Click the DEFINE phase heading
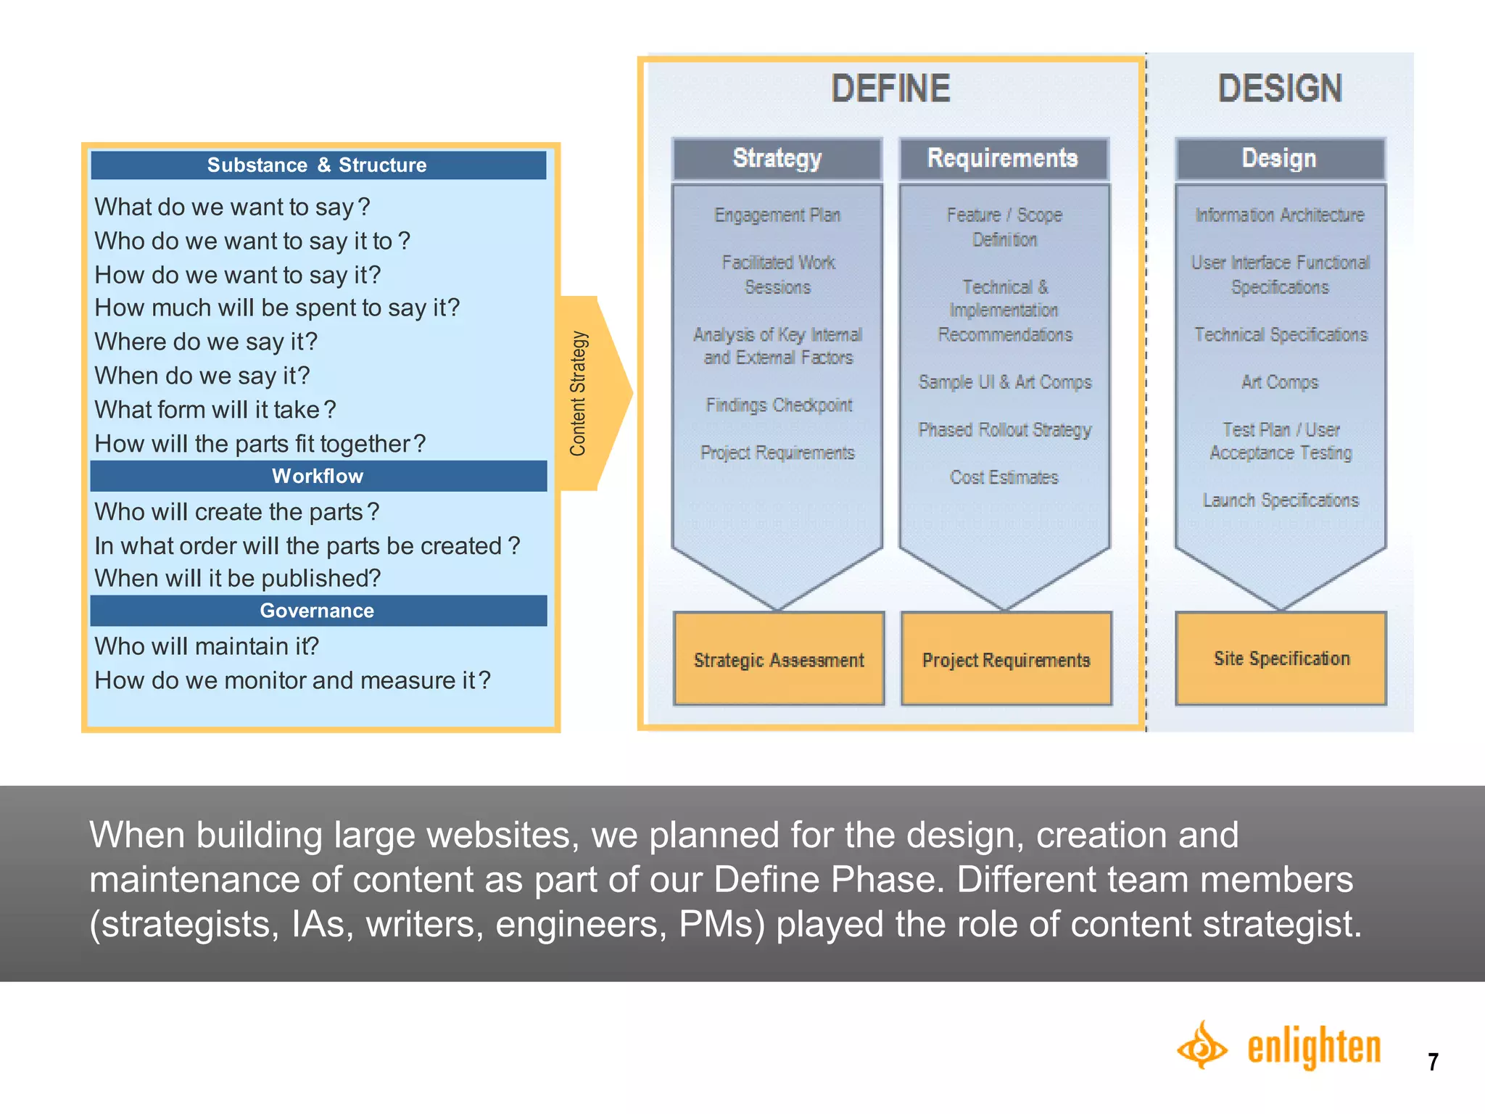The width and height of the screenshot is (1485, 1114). pyautogui.click(x=890, y=88)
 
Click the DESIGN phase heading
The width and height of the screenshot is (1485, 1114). pyautogui.click(x=1280, y=88)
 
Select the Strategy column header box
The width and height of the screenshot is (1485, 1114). pyautogui.click(x=777, y=158)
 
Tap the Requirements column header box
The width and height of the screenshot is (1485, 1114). pyautogui.click(x=1004, y=158)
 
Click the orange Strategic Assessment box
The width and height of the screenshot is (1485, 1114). pyautogui.click(x=779, y=659)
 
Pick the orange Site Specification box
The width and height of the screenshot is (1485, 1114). pyautogui.click(x=1281, y=658)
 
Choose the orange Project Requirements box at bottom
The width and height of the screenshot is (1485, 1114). pyautogui.click(x=1006, y=659)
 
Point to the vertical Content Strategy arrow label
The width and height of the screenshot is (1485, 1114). pyautogui.click(x=579, y=394)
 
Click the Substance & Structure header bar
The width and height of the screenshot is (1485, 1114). pyautogui.click(x=318, y=165)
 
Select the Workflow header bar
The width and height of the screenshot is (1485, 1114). pyautogui.click(x=318, y=476)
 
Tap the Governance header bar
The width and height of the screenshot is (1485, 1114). pyautogui.click(x=318, y=611)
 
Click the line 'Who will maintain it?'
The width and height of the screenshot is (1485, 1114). pyautogui.click(x=207, y=646)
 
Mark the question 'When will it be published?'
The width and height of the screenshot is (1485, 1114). pyautogui.click(x=237, y=578)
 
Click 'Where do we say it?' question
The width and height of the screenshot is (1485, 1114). pyautogui.click(x=206, y=342)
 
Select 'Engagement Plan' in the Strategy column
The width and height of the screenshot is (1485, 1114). pyautogui.click(x=777, y=215)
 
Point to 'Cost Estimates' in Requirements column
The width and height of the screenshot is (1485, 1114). pyautogui.click(x=1004, y=477)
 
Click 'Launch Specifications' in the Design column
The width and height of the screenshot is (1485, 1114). pyautogui.click(x=1281, y=500)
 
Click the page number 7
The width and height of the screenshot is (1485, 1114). pyautogui.click(x=1433, y=1062)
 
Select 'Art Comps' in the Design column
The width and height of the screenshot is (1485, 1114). pyautogui.click(x=1280, y=382)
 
